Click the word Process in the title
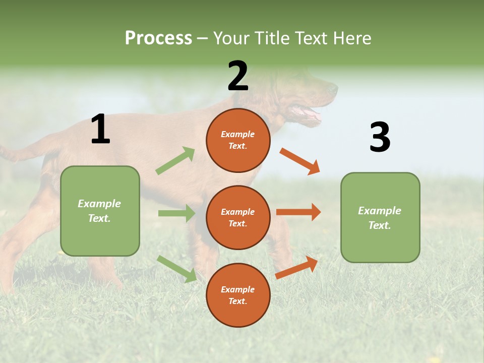click(158, 38)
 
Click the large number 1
click(100, 130)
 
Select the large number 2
click(238, 76)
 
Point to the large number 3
click(380, 137)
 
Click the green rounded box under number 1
click(100, 211)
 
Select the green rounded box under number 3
click(380, 217)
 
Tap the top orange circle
click(238, 140)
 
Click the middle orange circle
click(238, 217)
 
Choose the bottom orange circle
click(238, 295)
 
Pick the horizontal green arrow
click(176, 213)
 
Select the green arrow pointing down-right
click(177, 269)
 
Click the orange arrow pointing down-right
click(300, 161)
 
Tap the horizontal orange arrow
click(298, 212)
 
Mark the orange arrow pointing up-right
click(297, 267)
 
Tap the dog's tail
click(20, 151)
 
